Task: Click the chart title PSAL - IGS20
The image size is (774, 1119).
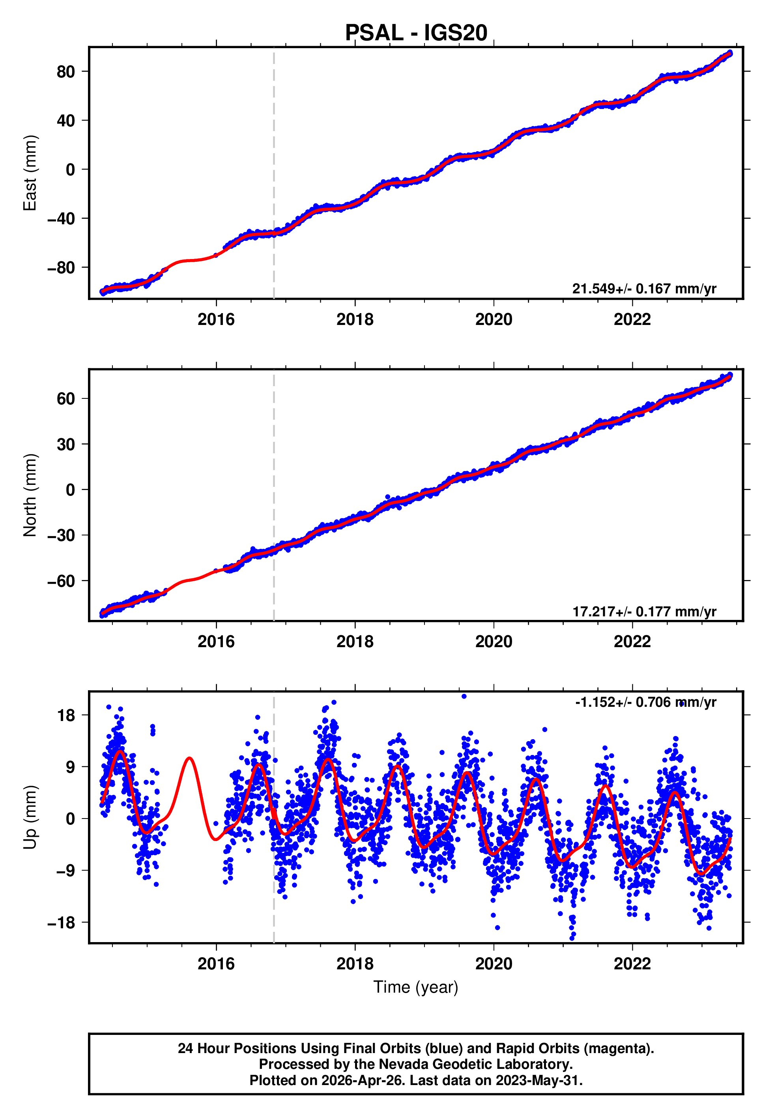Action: pyautogui.click(x=416, y=33)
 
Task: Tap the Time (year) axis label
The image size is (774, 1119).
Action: pyautogui.click(x=416, y=987)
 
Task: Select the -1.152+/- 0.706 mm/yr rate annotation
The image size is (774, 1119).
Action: pyautogui.click(x=645, y=702)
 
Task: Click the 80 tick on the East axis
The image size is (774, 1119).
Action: pyautogui.click(x=66, y=72)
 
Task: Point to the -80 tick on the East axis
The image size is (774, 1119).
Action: pyautogui.click(x=61, y=268)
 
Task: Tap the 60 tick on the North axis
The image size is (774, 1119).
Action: pyautogui.click(x=66, y=399)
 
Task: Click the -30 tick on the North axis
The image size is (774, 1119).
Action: pyautogui.click(x=61, y=536)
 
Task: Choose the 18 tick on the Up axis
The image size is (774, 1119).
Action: pyautogui.click(x=66, y=715)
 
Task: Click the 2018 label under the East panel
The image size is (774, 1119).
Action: pyautogui.click(x=355, y=319)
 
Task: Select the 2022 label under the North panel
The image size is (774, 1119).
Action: pyautogui.click(x=632, y=642)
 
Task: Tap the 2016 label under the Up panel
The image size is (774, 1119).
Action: pyautogui.click(x=216, y=964)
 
